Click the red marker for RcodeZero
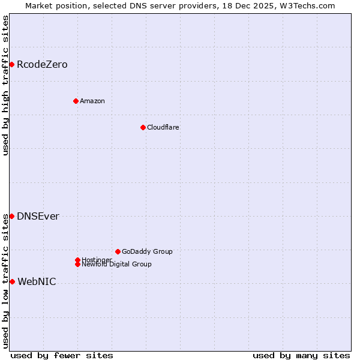point(11,64)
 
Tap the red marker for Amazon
point(76,101)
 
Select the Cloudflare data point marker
point(143,127)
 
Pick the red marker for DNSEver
point(11,216)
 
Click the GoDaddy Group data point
point(118,251)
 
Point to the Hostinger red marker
point(77,260)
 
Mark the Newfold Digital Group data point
point(77,264)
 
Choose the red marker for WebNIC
point(12,281)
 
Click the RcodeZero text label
point(42,65)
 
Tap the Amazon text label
point(92,101)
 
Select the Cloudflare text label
point(163,127)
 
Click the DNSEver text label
point(38,217)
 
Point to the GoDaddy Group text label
point(147,251)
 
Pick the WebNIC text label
point(37,282)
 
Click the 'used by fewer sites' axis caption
point(62,355)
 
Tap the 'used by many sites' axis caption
point(301,355)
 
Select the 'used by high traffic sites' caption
point(6,85)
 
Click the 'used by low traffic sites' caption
point(6,281)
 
